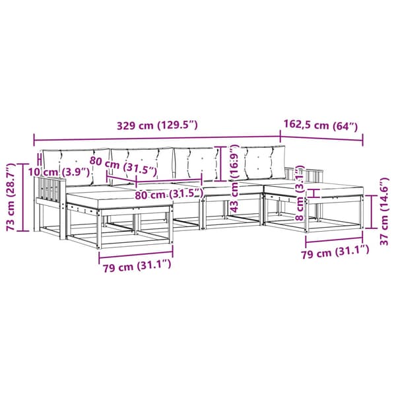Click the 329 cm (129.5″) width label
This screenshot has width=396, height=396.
[157, 125]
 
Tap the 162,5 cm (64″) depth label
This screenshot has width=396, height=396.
[321, 125]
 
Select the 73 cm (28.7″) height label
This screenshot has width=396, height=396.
[11, 197]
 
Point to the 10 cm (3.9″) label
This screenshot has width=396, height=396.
[59, 172]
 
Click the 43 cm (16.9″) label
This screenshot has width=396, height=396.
[234, 178]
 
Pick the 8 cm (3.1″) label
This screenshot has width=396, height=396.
[300, 193]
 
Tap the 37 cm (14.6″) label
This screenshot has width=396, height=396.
[384, 212]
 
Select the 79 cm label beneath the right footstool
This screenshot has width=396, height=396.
[335, 252]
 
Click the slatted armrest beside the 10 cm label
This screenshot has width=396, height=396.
[51, 192]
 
